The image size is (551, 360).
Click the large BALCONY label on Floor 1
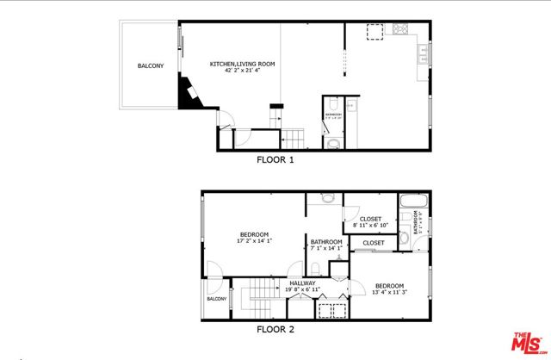(x=150, y=66)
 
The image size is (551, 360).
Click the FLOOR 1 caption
(x=275, y=159)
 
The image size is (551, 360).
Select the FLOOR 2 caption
(x=275, y=329)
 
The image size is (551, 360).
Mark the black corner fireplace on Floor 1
(x=187, y=93)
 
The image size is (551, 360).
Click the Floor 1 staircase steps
(x=294, y=136)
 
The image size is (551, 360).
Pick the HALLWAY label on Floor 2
(x=302, y=282)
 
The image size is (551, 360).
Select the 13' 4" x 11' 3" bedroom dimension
(x=389, y=292)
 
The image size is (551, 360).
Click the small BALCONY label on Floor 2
(x=215, y=299)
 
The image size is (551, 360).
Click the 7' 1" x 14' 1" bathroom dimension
(x=326, y=249)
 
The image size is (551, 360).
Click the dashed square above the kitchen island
(x=375, y=32)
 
